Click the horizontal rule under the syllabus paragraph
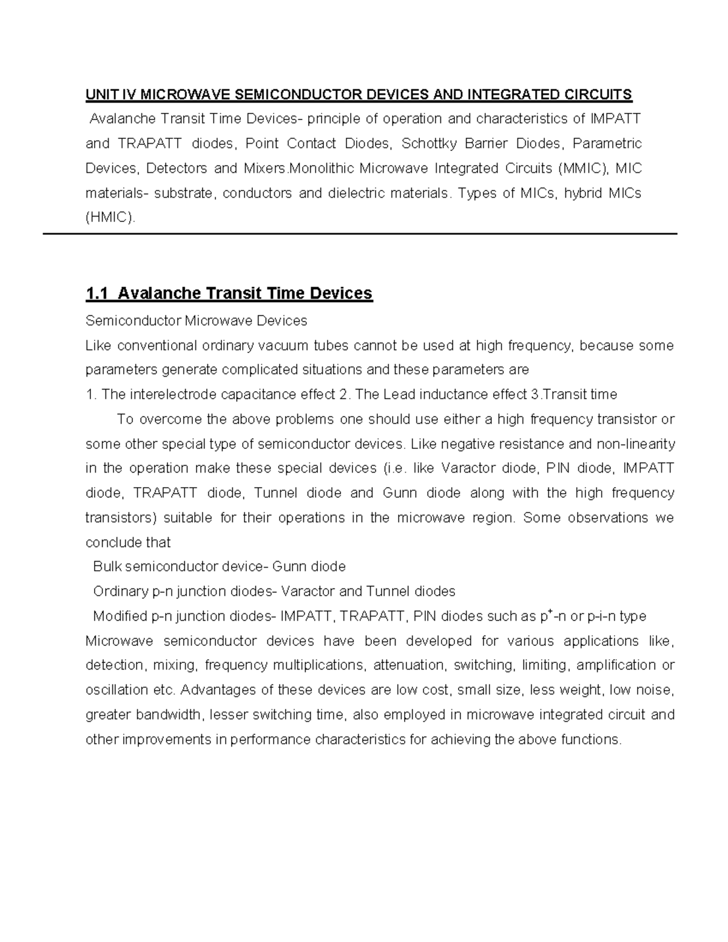359,234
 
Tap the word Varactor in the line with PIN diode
468,468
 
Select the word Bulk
106,567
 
